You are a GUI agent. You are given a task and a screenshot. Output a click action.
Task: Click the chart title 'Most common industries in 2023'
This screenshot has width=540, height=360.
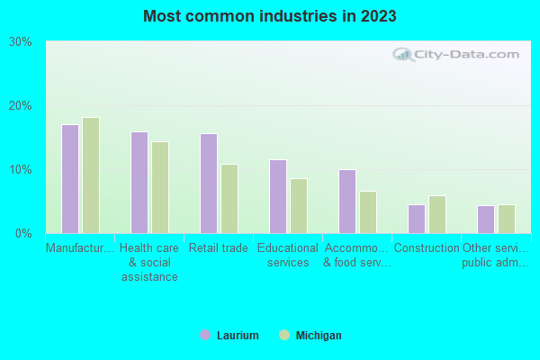[x=269, y=16]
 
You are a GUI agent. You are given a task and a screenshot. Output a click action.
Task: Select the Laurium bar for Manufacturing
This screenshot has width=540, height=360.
[x=70, y=179]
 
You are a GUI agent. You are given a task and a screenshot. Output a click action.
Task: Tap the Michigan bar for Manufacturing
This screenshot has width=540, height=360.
[x=91, y=175]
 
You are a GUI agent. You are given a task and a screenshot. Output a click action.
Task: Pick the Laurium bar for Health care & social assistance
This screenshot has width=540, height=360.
[x=139, y=183]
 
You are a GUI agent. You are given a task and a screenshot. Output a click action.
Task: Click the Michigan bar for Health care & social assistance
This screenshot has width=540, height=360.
[x=160, y=187]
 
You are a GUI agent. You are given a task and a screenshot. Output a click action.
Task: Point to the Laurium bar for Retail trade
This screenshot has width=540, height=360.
[x=209, y=184]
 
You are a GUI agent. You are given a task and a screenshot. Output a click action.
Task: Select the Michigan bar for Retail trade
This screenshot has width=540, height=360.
[x=229, y=199]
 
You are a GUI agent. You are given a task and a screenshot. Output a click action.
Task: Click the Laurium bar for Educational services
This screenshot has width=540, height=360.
[x=278, y=196]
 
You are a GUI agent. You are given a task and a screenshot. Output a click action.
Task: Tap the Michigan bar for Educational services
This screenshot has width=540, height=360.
[x=299, y=206]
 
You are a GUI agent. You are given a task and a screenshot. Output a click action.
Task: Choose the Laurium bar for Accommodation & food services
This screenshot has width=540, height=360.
[x=347, y=202]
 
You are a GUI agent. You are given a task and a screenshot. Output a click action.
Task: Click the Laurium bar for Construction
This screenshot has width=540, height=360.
[x=417, y=219]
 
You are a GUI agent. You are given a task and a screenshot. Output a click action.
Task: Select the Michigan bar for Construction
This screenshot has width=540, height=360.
[x=437, y=214]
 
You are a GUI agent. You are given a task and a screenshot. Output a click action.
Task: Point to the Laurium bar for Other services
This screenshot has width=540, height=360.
[x=486, y=220]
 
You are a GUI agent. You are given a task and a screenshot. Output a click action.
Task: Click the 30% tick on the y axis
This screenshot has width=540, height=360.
[x=21, y=41]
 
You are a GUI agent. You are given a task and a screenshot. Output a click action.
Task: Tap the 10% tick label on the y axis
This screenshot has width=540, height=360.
[x=21, y=169]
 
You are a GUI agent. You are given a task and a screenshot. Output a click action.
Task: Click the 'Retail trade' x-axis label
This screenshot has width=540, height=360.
[x=219, y=248]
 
